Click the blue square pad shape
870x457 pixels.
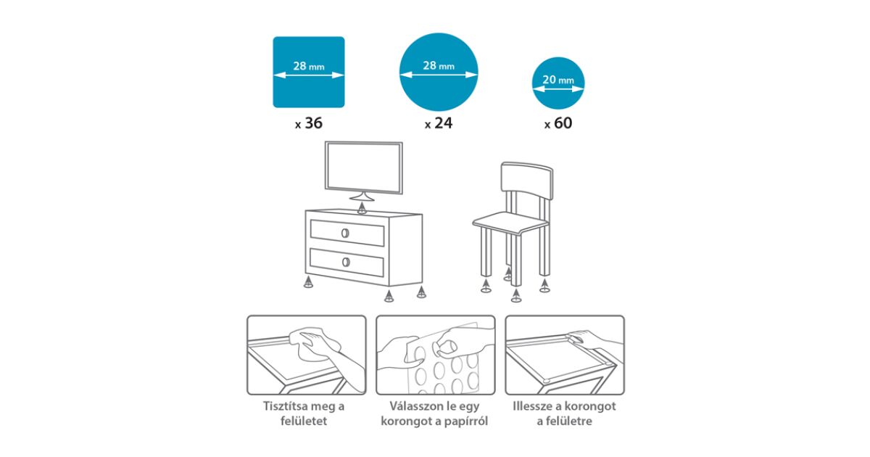(x=309, y=72)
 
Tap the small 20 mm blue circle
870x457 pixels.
(x=558, y=83)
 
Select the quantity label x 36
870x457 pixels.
(x=309, y=123)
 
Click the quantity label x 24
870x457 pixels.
(x=439, y=123)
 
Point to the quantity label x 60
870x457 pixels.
(x=558, y=123)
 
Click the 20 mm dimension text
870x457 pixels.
(x=558, y=80)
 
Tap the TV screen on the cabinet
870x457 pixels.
(x=363, y=167)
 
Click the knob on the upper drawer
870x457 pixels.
(x=345, y=233)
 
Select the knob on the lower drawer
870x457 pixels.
(x=346, y=262)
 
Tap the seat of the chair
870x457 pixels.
(x=510, y=223)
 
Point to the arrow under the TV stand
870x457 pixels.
(x=362, y=207)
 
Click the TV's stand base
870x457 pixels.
(x=362, y=198)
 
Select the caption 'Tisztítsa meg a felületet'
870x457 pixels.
(x=304, y=413)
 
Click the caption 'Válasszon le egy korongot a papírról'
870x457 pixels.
(x=434, y=413)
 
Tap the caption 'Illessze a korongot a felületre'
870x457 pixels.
(x=564, y=413)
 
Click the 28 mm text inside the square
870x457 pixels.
(x=309, y=66)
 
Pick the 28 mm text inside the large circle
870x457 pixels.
(x=439, y=65)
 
